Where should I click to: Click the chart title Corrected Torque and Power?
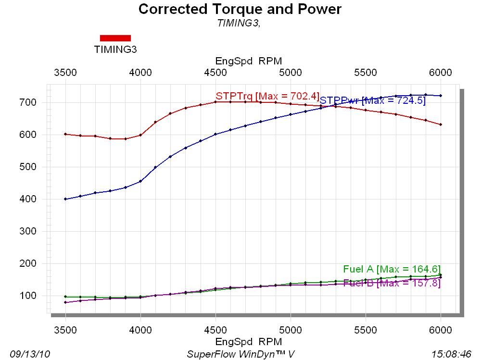[240, 9]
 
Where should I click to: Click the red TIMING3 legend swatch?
[115, 38]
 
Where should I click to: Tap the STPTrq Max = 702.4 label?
[267, 95]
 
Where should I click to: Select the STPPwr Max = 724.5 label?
[373, 100]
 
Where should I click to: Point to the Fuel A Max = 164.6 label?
[392, 269]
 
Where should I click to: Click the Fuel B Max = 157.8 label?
[392, 283]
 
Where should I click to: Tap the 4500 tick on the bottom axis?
[215, 331]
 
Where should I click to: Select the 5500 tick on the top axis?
[366, 73]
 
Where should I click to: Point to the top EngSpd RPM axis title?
[248, 61]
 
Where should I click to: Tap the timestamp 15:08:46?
[451, 354]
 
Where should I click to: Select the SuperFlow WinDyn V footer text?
[240, 354]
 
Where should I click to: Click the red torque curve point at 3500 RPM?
[65, 134]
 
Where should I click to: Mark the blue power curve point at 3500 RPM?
[65, 199]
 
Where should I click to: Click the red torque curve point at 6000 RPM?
[441, 124]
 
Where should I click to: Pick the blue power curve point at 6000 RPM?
[441, 96]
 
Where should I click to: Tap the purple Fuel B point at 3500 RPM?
[65, 302]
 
